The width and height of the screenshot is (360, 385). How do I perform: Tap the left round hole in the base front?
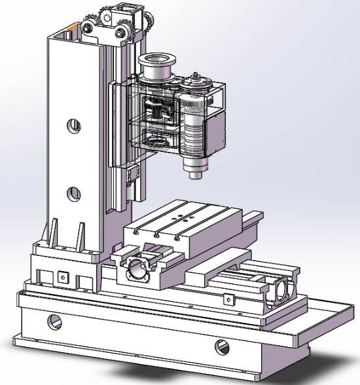(54, 321)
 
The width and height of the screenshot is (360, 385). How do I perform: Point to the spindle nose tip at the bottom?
(194, 175)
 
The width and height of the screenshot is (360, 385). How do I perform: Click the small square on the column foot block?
(63, 276)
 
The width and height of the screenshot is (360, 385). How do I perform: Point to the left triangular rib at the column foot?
(50, 233)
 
